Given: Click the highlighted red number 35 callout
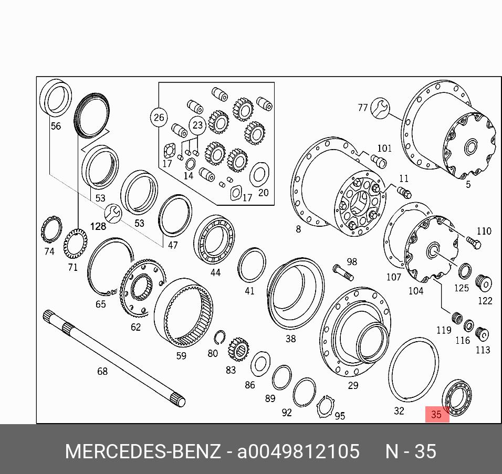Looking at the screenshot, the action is click(x=437, y=414).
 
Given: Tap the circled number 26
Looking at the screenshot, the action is click(x=159, y=118).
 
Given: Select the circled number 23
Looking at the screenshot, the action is click(x=197, y=124).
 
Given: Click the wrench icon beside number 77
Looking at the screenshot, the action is click(x=380, y=108).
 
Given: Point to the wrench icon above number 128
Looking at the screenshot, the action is click(x=113, y=213).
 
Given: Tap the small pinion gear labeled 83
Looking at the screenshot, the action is click(x=238, y=350).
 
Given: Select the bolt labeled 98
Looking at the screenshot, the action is click(x=343, y=272).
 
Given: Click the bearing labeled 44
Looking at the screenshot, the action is click(x=214, y=239).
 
